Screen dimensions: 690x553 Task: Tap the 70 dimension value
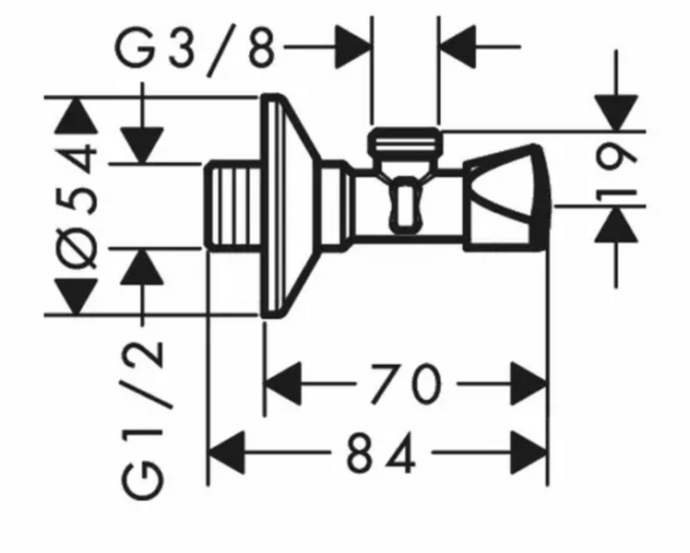click(405, 383)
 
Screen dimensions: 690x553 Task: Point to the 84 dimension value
click(381, 453)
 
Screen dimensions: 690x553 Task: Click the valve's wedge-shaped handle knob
click(507, 197)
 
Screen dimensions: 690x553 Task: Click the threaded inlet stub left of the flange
click(233, 206)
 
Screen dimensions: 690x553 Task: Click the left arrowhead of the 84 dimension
click(226, 453)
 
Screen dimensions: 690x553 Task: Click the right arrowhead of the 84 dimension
click(529, 453)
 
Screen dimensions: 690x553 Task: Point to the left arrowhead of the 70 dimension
click(283, 383)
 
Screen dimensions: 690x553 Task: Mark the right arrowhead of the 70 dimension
click(529, 383)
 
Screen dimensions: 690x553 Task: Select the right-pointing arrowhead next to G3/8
click(353, 47)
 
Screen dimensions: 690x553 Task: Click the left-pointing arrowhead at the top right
click(458, 47)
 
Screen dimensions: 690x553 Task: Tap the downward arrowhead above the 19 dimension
click(616, 113)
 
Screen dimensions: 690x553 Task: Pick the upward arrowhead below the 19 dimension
click(616, 224)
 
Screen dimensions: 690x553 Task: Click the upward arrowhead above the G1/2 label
click(142, 266)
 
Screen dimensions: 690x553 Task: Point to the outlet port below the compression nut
click(405, 203)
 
